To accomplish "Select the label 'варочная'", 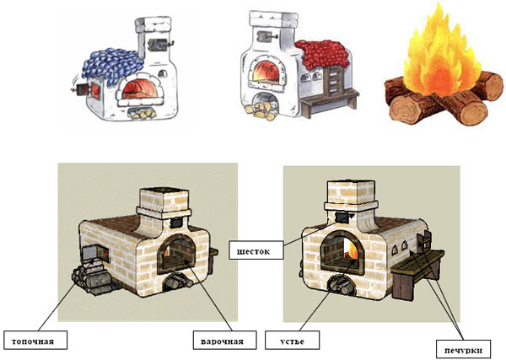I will pyautogui.click(x=223, y=341).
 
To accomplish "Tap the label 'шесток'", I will pyautogui.click(x=250, y=250).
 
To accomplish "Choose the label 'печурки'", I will pyautogui.click(x=462, y=347).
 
